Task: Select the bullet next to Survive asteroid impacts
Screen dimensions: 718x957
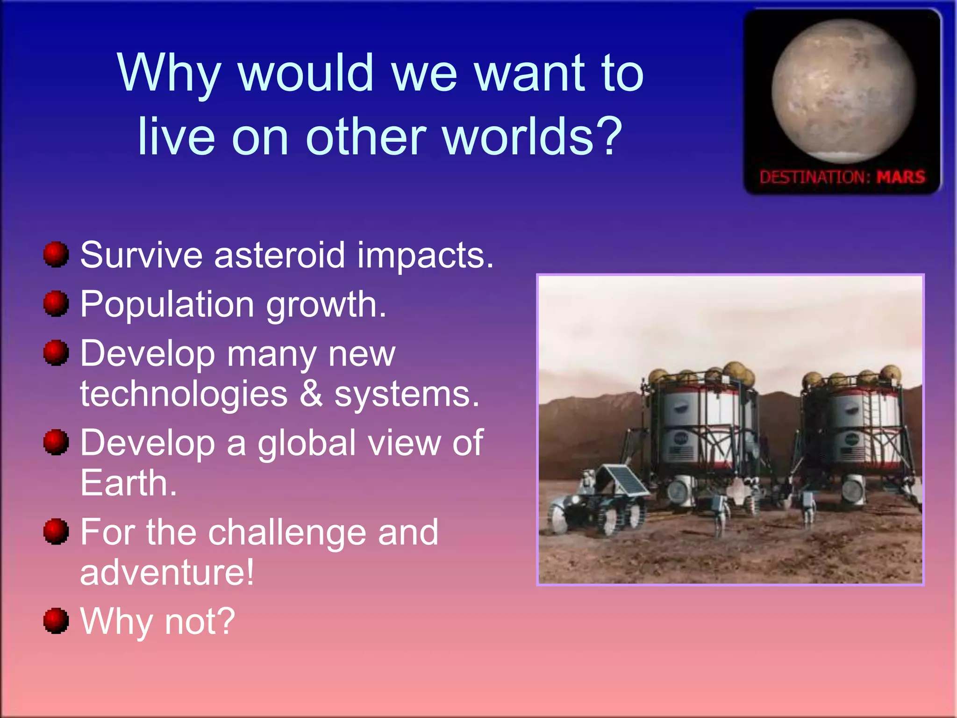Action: [x=56, y=254]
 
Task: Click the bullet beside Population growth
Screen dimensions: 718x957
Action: [x=56, y=303]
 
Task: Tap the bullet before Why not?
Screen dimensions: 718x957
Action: [x=56, y=621]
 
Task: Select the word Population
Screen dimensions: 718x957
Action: [x=167, y=305]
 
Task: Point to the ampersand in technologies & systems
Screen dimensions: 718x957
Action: [x=311, y=394]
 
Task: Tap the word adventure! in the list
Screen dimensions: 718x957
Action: [x=167, y=572]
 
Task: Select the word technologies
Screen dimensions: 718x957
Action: [x=184, y=394]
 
